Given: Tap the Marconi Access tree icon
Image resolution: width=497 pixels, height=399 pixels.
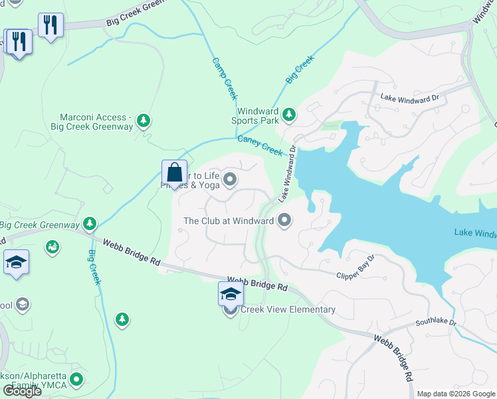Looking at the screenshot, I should click(x=143, y=120).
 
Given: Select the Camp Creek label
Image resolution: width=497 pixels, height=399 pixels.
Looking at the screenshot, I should click(x=225, y=78).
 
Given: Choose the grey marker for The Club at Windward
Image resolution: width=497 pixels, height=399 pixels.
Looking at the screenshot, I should click(x=285, y=220).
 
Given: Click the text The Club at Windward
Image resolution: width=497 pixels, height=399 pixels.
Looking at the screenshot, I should click(x=229, y=221).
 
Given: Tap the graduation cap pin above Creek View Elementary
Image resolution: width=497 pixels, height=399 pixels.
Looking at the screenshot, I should click(x=231, y=293).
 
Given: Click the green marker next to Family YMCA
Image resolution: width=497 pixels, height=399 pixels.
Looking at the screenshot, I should click(x=77, y=380).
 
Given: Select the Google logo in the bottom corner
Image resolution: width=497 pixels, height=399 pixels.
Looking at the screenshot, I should click(x=22, y=391).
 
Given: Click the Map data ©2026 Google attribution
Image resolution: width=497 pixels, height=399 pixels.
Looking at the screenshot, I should click(x=456, y=394).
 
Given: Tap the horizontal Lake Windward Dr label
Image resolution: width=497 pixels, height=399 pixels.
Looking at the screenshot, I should click(x=410, y=98).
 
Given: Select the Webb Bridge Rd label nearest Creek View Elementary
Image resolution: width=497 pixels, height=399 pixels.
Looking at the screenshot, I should click(x=257, y=284).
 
